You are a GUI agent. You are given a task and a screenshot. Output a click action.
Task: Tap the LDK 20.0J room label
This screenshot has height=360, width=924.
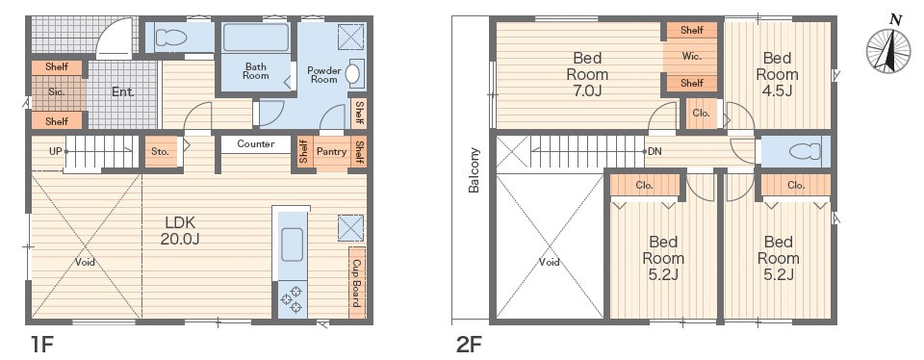point(180,230)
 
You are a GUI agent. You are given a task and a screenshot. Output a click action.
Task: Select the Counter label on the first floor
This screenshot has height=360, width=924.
point(256,143)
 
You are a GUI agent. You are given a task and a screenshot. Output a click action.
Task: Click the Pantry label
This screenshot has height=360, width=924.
point(331,151)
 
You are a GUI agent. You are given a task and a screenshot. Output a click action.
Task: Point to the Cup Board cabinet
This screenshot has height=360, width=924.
point(356,284)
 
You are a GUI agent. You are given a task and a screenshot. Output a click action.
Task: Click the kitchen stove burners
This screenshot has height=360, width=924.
point(292,298)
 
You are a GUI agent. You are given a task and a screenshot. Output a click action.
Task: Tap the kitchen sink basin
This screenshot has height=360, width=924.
point(292,244)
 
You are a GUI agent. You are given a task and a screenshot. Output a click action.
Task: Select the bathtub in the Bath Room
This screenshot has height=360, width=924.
point(256,38)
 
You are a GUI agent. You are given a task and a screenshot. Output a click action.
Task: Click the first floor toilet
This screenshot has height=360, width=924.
point(171,38)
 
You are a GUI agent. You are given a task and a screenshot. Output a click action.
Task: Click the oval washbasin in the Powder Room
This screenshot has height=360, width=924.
point(352,73)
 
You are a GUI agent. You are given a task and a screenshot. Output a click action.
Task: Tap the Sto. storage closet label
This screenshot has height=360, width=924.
point(161,151)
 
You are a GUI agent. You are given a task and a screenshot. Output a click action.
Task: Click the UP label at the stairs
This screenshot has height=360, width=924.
point(56,151)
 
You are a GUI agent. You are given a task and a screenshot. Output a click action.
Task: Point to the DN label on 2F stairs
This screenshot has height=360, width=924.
point(654,151)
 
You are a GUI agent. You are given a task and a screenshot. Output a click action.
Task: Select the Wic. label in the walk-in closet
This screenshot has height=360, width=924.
point(691,57)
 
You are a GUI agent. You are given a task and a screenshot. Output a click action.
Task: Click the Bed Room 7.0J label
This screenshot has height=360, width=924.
point(587,74)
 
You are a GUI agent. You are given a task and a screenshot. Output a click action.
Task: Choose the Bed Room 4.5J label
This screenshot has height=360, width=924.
point(777,74)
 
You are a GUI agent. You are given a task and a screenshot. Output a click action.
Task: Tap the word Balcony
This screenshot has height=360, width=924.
point(474,170)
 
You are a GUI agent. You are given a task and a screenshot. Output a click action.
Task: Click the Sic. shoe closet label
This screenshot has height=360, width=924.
point(57,92)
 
